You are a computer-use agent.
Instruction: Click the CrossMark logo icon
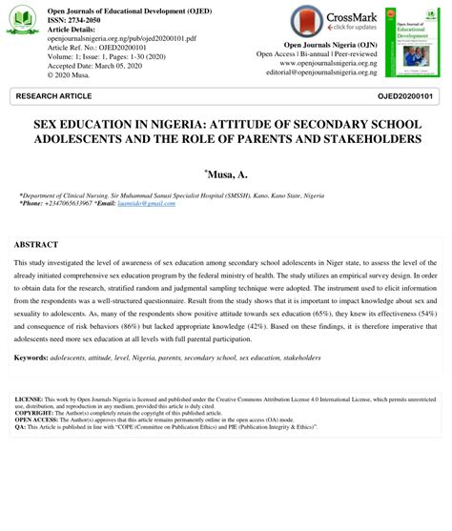pos(307,22)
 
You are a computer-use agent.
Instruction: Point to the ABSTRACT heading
pos(36,245)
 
